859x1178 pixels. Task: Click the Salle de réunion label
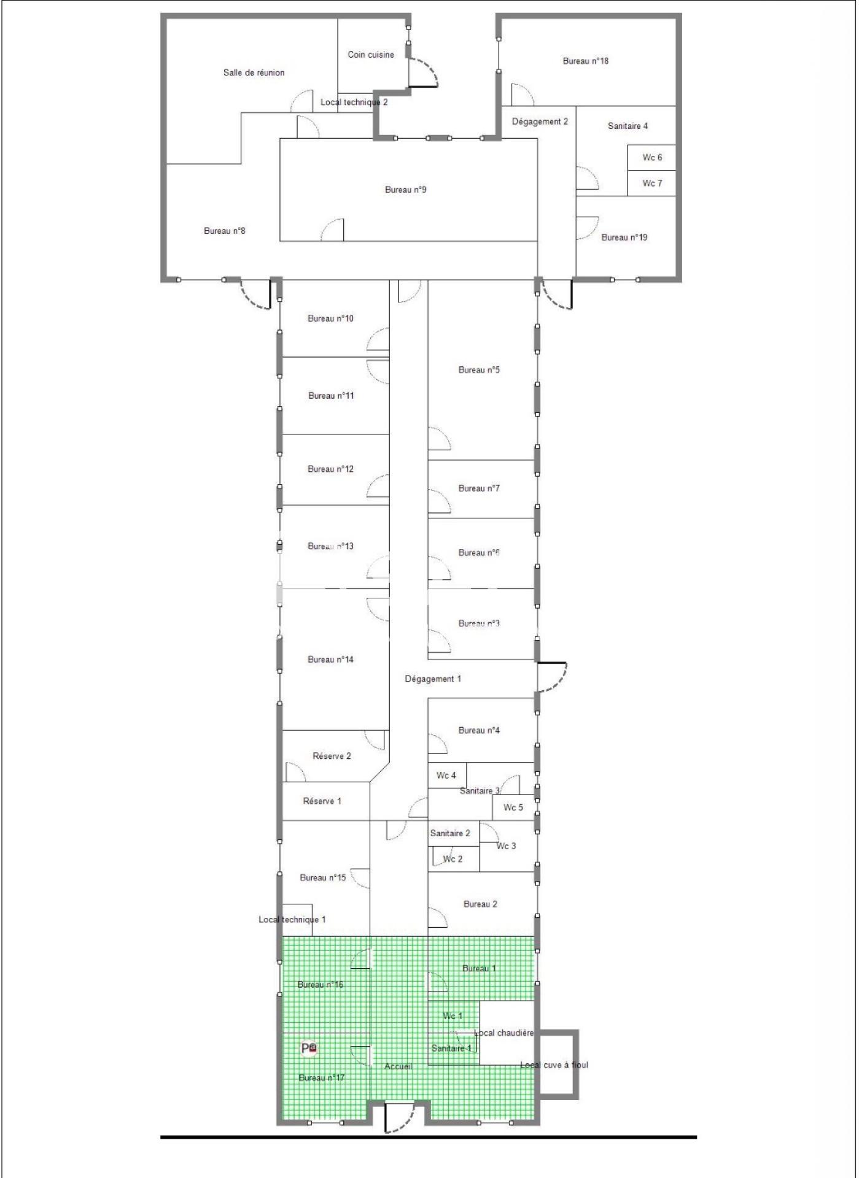[254, 72]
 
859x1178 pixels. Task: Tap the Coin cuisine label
[371, 55]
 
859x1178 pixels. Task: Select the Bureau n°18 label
[586, 61]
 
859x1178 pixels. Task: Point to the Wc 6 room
[651, 158]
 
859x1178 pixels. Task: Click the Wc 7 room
[651, 183]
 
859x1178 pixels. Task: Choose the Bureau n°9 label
[405, 190]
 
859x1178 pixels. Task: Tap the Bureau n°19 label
[624, 237]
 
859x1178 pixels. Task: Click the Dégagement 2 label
[540, 121]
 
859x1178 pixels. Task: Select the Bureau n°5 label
[479, 370]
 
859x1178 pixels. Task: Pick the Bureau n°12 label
[330, 469]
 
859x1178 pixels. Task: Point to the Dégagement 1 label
[433, 679]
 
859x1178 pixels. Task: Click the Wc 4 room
[447, 776]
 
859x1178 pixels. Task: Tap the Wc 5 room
[513, 807]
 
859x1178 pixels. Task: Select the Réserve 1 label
[322, 801]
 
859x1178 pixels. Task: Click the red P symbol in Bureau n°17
[309, 1049]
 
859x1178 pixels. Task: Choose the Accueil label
[398, 1066]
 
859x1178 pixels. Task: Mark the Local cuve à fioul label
[554, 1065]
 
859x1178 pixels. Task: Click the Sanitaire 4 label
[628, 126]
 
